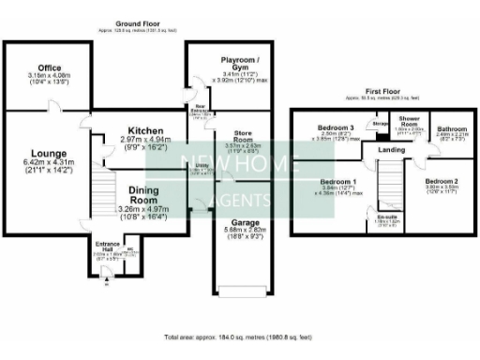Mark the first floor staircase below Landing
pos(387,187)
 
